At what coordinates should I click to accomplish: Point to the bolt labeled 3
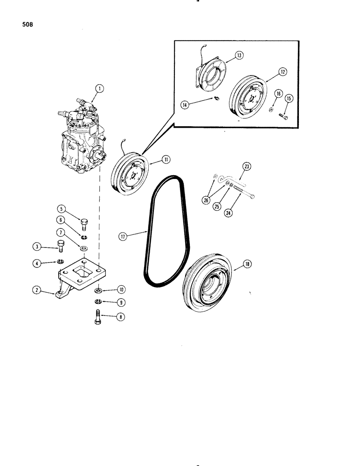(59, 246)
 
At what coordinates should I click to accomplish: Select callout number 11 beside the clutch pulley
(166, 159)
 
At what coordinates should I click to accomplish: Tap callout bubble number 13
(239, 55)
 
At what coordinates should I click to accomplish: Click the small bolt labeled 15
(284, 116)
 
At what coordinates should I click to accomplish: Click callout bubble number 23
(247, 166)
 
